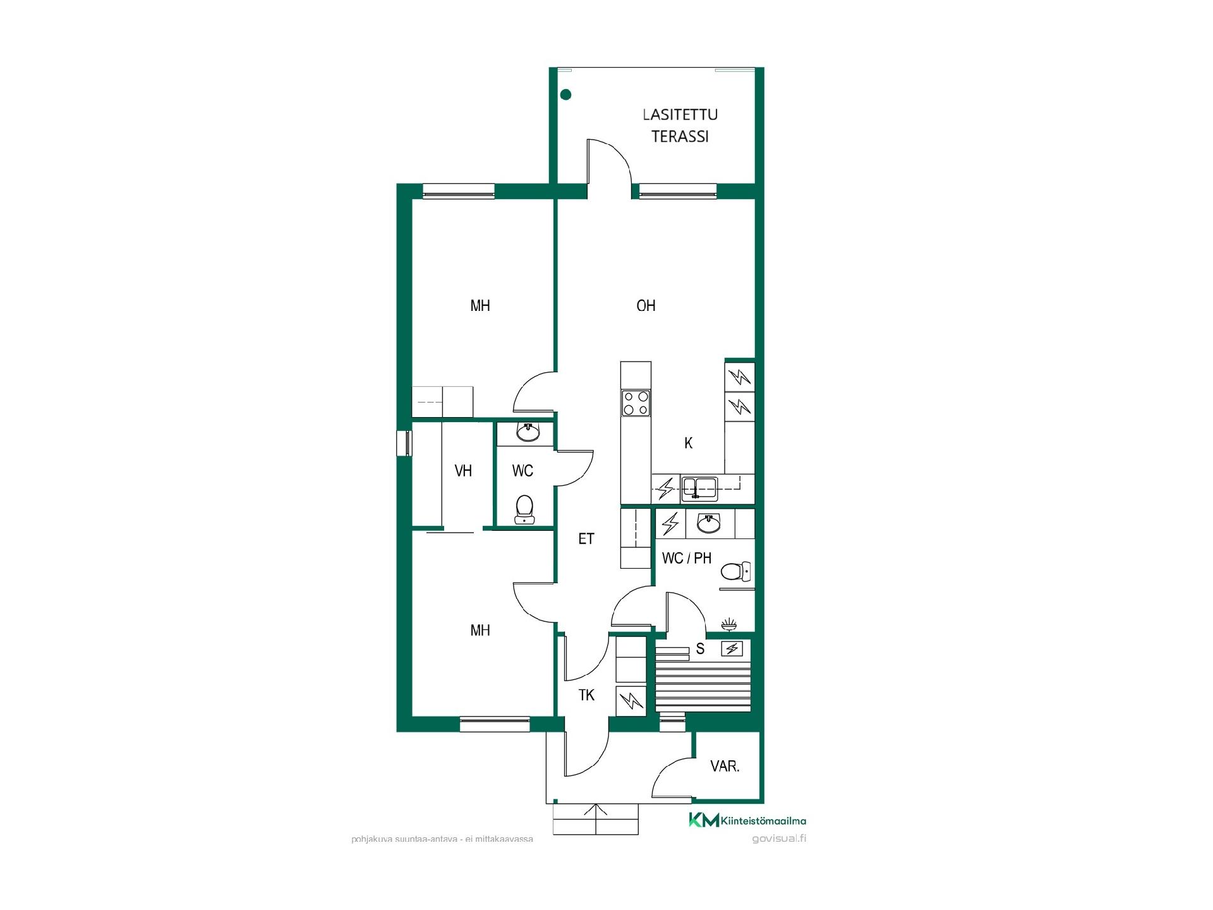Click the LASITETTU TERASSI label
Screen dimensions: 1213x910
coord(680,126)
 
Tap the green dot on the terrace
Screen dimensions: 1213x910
coord(566,95)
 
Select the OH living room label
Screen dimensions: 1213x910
coord(646,306)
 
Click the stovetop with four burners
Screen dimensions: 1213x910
coord(636,403)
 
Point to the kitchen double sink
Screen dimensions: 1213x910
coord(699,487)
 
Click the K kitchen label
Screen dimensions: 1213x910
coord(689,443)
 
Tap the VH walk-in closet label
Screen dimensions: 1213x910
coord(463,471)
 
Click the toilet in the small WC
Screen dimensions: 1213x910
coord(524,510)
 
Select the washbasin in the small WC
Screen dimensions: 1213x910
coord(528,432)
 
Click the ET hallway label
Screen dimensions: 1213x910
coord(586,538)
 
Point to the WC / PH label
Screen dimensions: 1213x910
coord(687,558)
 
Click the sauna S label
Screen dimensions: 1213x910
coord(700,649)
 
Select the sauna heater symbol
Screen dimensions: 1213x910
coord(732,649)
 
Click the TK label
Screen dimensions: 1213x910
coord(586,695)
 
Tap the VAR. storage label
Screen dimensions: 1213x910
coord(725,767)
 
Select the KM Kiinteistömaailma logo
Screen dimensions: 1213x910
coord(747,820)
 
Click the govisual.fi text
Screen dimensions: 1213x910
coord(779,839)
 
